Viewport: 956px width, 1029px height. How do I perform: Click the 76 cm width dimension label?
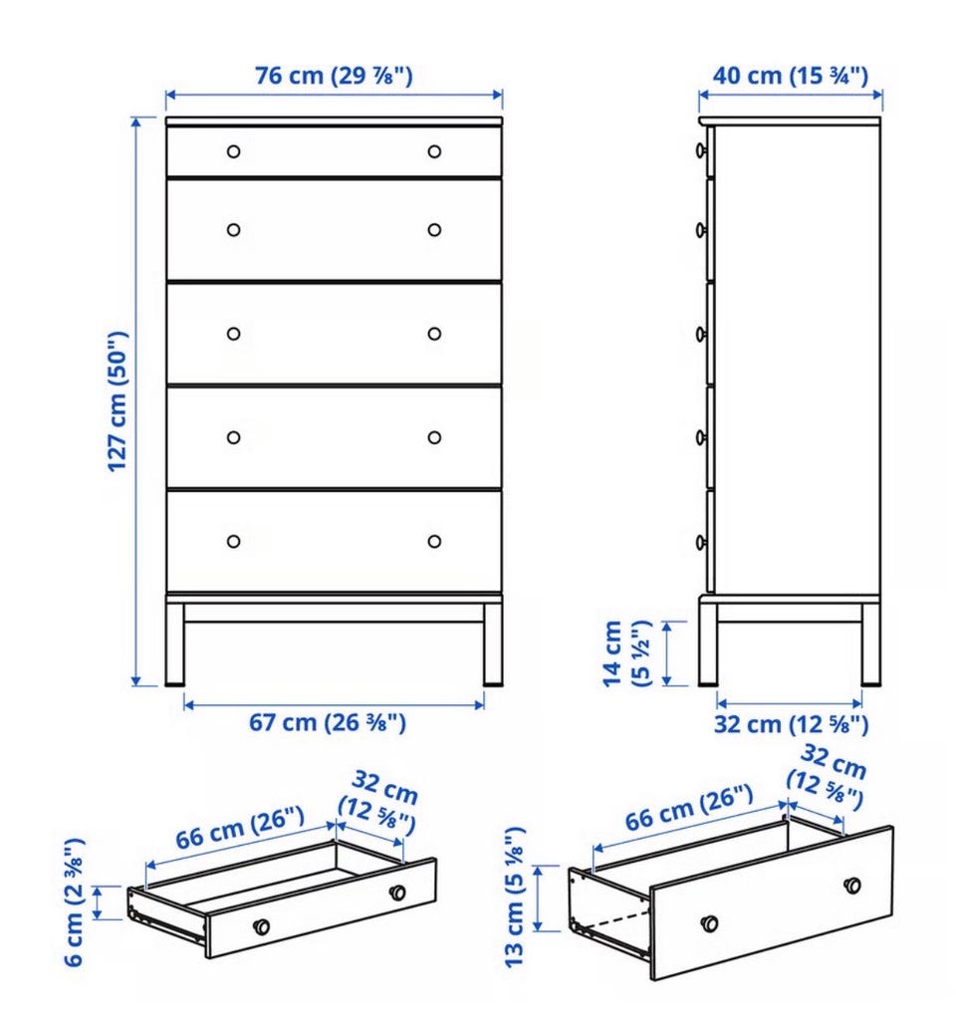(x=334, y=76)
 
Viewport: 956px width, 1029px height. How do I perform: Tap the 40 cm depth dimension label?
(x=790, y=76)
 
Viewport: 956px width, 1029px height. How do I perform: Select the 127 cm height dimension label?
(x=119, y=401)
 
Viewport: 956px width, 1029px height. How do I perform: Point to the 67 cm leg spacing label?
(x=328, y=722)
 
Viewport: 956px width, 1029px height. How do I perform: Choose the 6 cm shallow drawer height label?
(x=74, y=901)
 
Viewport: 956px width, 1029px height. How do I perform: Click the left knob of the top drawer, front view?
(x=234, y=151)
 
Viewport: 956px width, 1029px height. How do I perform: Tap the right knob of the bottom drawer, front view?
(x=434, y=542)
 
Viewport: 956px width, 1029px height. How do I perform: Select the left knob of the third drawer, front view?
(x=234, y=334)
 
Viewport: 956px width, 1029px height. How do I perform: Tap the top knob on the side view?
(x=701, y=150)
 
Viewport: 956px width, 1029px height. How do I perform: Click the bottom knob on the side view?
(x=701, y=542)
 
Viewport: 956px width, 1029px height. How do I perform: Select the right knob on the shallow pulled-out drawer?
(x=397, y=893)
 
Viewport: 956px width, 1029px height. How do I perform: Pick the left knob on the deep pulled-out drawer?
(x=709, y=922)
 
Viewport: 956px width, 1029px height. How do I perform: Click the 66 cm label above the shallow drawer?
(x=240, y=828)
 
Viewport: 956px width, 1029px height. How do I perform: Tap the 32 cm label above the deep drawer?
(x=829, y=777)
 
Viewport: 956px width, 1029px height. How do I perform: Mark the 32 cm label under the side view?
(x=792, y=724)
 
